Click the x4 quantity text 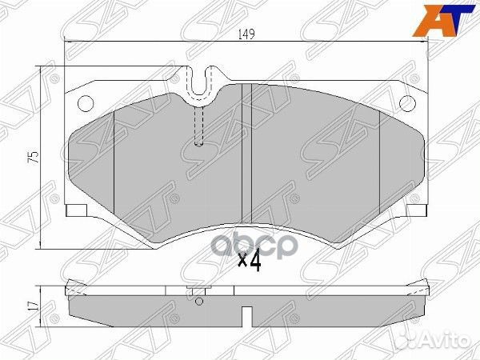coord(250,261)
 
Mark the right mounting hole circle coord(406,102)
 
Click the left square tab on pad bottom coord(76,210)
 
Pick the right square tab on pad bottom coord(414,210)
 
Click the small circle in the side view coord(199,303)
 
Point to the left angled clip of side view coord(70,286)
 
